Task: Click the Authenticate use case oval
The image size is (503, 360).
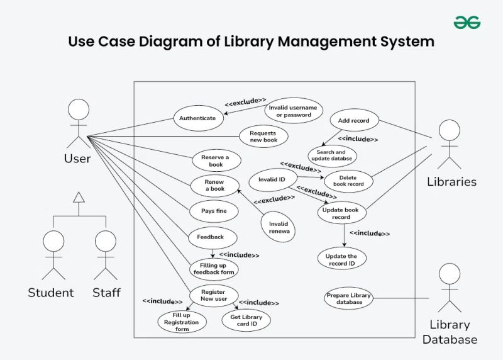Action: (x=197, y=118)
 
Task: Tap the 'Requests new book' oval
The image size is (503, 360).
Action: (x=263, y=136)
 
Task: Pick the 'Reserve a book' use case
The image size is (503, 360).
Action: (x=216, y=160)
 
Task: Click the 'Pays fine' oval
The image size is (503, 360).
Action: (x=214, y=211)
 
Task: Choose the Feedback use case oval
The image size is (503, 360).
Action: (x=213, y=237)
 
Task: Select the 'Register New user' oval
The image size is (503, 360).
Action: (x=214, y=295)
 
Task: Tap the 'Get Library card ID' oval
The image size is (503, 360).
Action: (x=246, y=320)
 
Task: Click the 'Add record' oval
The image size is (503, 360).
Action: (x=354, y=120)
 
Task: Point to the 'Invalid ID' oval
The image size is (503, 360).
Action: (x=272, y=180)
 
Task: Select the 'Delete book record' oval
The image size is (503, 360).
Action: (x=348, y=181)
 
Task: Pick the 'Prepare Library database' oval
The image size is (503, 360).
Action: (x=348, y=298)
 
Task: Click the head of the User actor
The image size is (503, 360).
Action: (x=78, y=111)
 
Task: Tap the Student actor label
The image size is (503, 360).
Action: (x=51, y=293)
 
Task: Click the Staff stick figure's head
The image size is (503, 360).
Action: (x=106, y=240)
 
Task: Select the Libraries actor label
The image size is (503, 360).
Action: (x=451, y=182)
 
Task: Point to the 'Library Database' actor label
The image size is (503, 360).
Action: (x=450, y=332)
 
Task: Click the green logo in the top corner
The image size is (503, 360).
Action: (x=467, y=23)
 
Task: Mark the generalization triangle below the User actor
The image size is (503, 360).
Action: (x=78, y=197)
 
